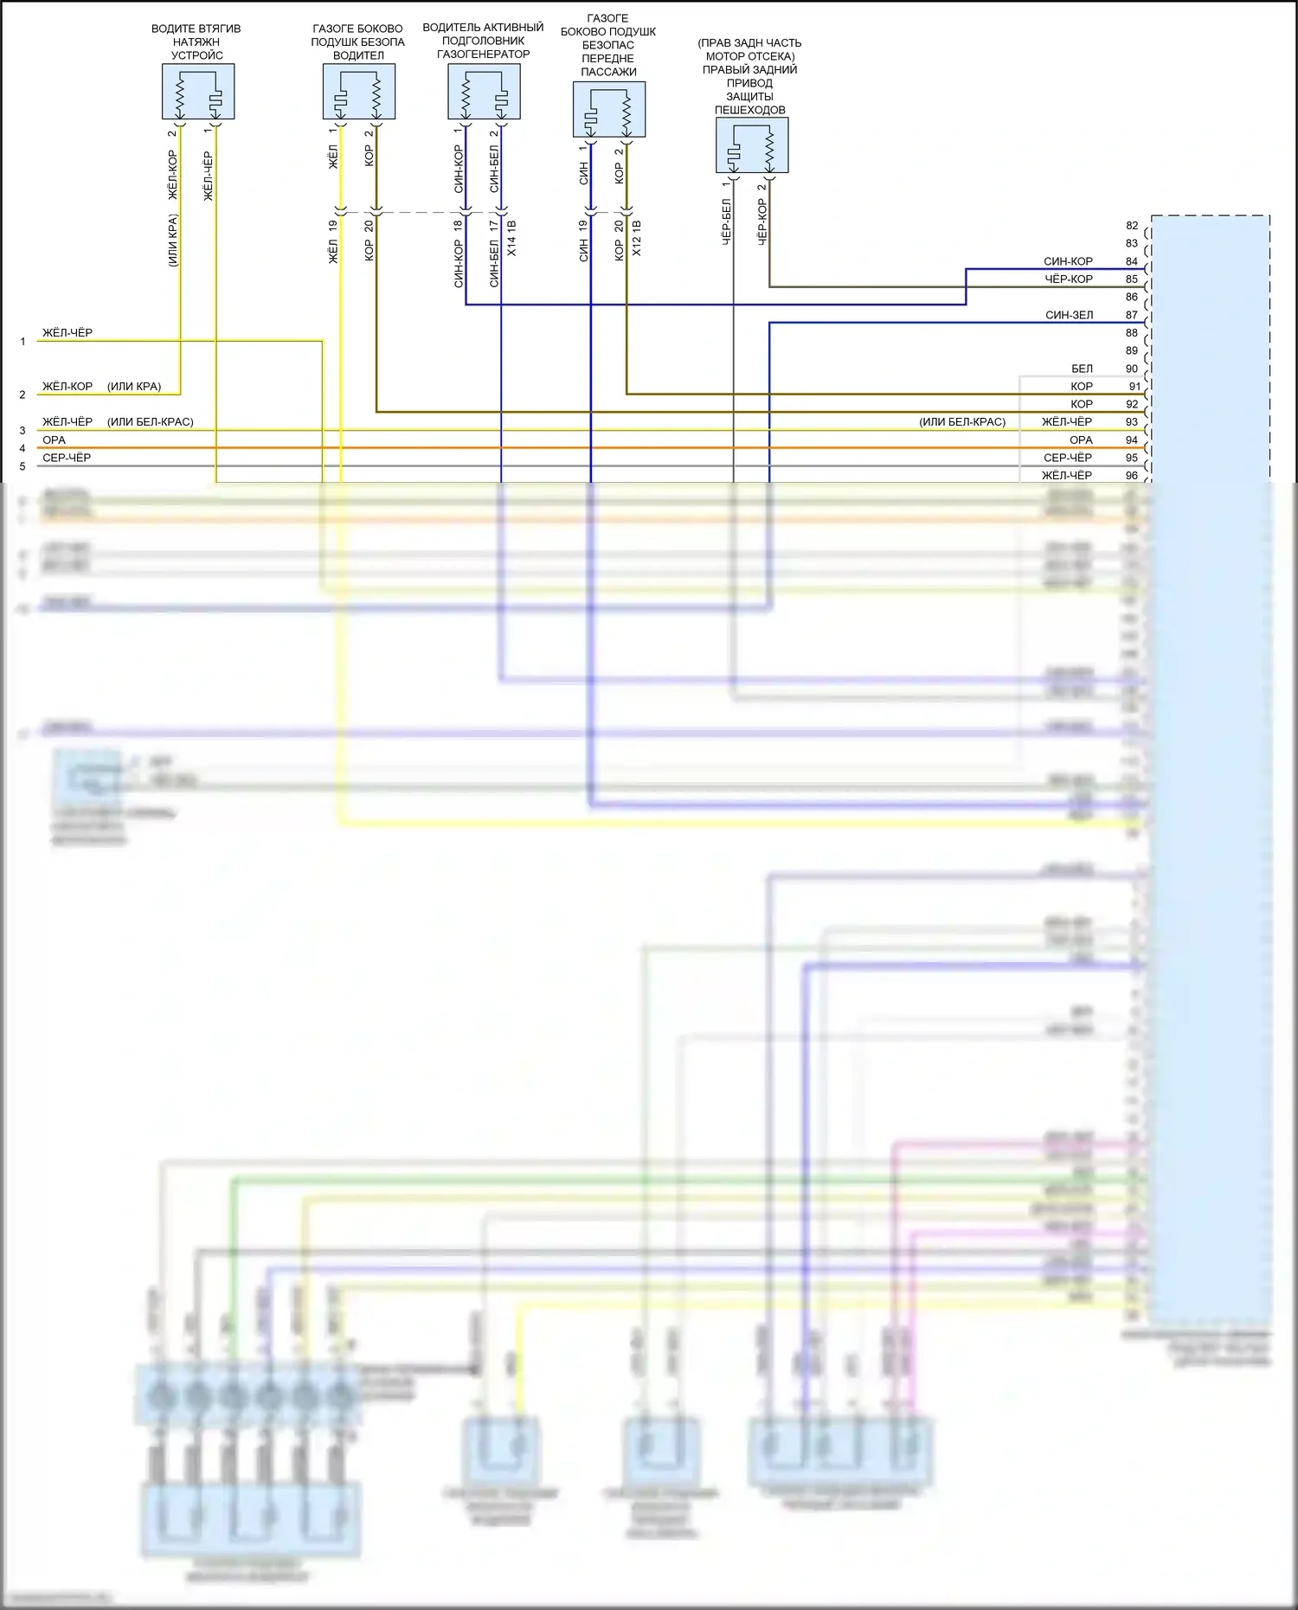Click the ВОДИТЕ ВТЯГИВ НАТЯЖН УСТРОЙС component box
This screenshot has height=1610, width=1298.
(198, 92)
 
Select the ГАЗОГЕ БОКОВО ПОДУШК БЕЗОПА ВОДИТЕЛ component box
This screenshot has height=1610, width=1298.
(358, 92)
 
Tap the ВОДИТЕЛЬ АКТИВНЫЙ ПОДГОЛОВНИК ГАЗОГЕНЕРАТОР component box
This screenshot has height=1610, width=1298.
(484, 92)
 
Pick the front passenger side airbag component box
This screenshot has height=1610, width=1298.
(609, 109)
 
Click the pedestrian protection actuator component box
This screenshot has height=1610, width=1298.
(752, 145)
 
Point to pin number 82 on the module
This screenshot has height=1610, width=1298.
(1132, 226)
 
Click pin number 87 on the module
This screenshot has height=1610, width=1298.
(1132, 316)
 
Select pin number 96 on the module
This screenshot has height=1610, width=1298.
(1132, 476)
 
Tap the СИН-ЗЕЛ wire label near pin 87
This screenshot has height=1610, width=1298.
(1069, 316)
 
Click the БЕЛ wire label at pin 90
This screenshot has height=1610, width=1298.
(1082, 369)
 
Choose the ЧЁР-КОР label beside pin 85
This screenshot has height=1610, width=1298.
(1069, 279)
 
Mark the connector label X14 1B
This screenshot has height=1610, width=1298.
(511, 238)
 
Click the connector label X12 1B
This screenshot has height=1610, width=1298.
(637, 238)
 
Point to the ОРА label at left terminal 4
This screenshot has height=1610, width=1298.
(54, 440)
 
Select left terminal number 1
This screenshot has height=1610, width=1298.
(22, 342)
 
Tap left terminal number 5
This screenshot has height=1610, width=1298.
(22, 466)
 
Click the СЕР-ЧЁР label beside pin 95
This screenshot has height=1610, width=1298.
(1068, 458)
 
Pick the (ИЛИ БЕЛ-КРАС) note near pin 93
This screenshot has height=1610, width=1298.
(962, 422)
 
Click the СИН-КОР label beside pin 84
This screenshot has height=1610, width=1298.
(1069, 261)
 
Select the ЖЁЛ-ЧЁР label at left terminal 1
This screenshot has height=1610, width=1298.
(67, 333)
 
